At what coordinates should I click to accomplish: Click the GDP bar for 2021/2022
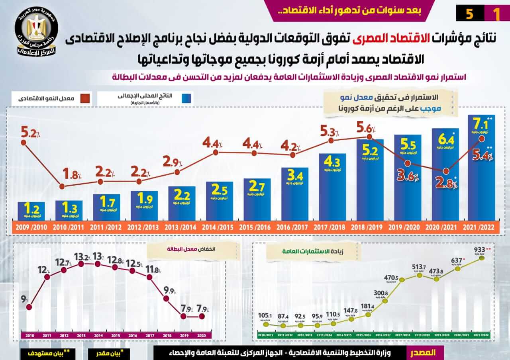(481, 183)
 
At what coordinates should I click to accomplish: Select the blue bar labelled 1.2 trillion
(31, 211)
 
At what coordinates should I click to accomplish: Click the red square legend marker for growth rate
(84, 98)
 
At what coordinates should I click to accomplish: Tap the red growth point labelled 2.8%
(446, 171)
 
